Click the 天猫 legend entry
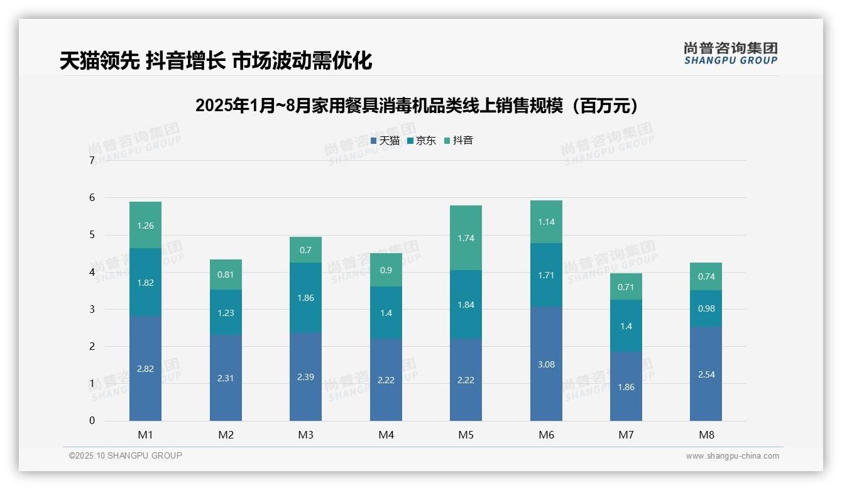[385, 141]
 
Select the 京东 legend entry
[422, 141]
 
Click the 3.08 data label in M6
[546, 364]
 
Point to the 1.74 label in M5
[466, 238]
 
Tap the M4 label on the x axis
[386, 435]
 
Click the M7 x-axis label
[626, 435]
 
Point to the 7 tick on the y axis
[92, 161]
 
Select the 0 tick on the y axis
[92, 421]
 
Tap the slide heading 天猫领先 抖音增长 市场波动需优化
[216, 61]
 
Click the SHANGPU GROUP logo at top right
[730, 53]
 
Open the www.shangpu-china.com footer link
[732, 456]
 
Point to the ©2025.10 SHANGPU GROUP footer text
[126, 456]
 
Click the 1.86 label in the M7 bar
[626, 387]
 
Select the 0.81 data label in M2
[226, 275]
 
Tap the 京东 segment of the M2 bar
[226, 312]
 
